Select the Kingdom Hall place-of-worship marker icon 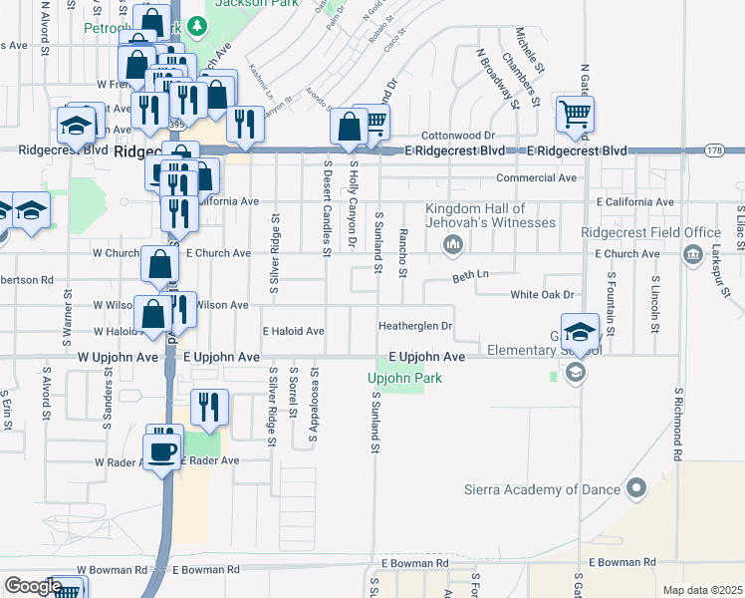click(453, 244)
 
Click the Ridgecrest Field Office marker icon click(691, 255)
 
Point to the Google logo click(33, 586)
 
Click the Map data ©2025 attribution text click(701, 590)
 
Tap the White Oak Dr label click(543, 295)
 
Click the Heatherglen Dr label click(415, 326)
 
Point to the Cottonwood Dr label click(457, 135)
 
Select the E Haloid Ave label click(293, 331)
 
